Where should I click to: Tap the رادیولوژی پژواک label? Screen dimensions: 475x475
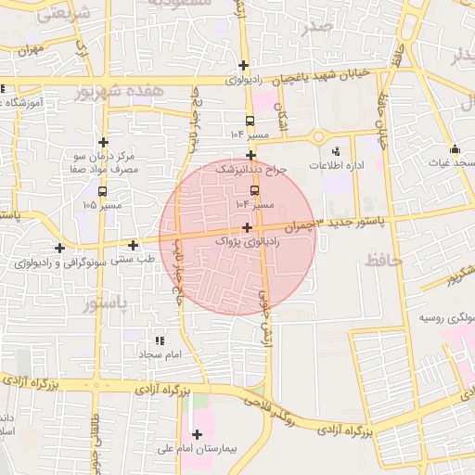tap(247, 240)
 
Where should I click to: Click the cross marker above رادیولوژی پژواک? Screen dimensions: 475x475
tap(247, 227)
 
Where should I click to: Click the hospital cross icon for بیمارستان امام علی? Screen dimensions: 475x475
tap(196, 434)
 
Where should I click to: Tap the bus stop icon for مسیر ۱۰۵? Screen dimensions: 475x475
tap(102, 191)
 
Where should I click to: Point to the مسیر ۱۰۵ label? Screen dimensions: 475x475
tap(102, 204)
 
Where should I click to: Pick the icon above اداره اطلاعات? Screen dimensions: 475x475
tap(336, 150)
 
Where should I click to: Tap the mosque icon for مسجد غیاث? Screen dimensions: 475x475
tap(455, 149)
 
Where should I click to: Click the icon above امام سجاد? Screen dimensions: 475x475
tap(160, 340)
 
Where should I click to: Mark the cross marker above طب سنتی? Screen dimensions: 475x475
tap(135, 246)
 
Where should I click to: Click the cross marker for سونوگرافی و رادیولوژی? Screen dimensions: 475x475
tap(60, 248)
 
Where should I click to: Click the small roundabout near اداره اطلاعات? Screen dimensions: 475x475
tap(318, 136)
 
